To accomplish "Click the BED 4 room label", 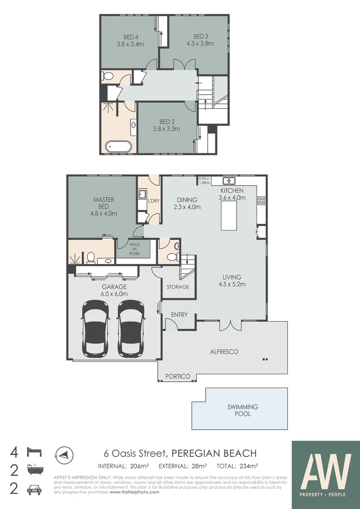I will pyautogui.click(x=130, y=37).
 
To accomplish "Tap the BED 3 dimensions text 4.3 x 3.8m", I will pyautogui.click(x=200, y=43).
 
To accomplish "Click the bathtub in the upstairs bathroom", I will pyautogui.click(x=119, y=147).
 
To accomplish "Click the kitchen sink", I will pyautogui.click(x=229, y=181).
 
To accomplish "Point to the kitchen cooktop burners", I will pyautogui.click(x=262, y=200).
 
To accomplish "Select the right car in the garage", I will pyautogui.click(x=131, y=328).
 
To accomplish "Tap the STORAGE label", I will pyautogui.click(x=178, y=287).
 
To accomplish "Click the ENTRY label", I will pyautogui.click(x=179, y=315).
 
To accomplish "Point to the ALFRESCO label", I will pyautogui.click(x=224, y=352).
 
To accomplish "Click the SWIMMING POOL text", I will pyautogui.click(x=243, y=410).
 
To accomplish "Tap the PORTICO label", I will pyautogui.click(x=177, y=376).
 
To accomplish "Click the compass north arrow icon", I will pyautogui.click(x=63, y=454).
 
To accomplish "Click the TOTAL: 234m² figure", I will pyautogui.click(x=237, y=467).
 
